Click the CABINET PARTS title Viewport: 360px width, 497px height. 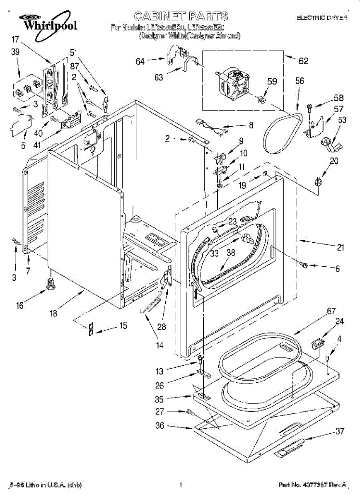[181, 17]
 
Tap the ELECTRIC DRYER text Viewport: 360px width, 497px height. [321, 18]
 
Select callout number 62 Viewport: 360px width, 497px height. [304, 61]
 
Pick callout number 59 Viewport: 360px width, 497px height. [272, 82]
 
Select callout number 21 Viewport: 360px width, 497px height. [340, 248]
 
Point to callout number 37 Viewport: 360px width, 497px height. [340, 431]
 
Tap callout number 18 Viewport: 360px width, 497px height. [53, 314]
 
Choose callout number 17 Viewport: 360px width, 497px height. [15, 40]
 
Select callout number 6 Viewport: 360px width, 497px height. [337, 269]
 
